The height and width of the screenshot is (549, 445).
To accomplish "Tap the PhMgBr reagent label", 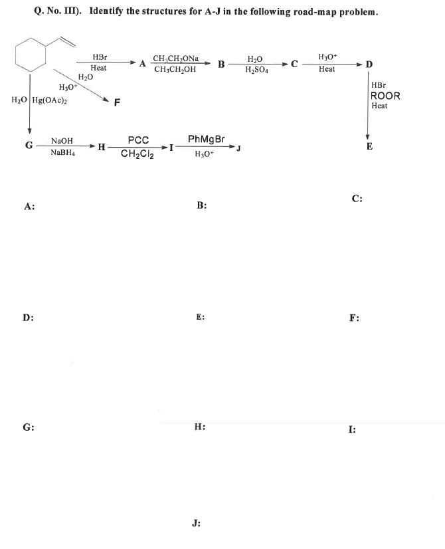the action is pos(207,139).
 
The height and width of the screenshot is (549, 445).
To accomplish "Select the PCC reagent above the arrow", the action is pos(138,140).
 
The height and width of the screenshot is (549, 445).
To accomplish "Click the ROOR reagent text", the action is pos(385,96).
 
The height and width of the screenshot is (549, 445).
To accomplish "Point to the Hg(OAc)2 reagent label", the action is pos(50,100).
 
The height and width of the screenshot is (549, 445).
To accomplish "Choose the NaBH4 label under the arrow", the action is pos(62,153).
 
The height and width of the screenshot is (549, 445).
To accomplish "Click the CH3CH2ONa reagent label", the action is pos(175,58).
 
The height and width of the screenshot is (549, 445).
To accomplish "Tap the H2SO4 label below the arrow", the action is pos(257,70).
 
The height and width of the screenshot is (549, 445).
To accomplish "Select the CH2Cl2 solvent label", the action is pos(137,154).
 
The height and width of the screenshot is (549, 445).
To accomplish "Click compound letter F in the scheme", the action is pos(117,102).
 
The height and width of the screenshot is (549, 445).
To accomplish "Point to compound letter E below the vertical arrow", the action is pos(369,146).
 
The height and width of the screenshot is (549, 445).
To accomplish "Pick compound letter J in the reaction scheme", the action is pos(238,148).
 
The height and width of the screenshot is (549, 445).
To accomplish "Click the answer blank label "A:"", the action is pos(29,206).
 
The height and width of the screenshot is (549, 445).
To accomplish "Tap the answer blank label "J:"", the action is pos(196,523).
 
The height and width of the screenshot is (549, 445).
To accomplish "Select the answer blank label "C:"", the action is pos(357,199).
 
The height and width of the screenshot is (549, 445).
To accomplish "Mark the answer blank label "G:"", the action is pos(29,427).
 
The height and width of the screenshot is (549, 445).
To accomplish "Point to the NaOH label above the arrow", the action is pos(62,141).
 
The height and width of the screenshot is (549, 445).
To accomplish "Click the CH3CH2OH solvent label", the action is pos(175,69).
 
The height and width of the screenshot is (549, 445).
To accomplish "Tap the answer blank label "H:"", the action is pos(200,427).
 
